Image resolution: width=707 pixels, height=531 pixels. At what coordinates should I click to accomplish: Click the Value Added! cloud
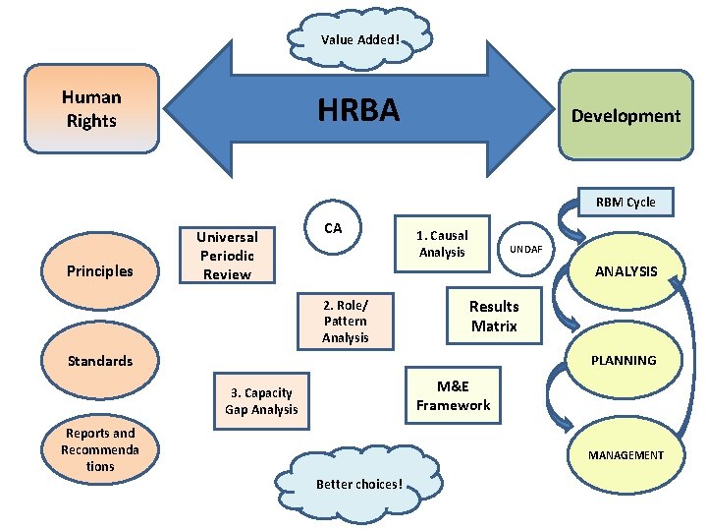(360, 39)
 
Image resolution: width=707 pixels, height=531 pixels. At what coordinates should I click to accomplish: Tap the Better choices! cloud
(359, 483)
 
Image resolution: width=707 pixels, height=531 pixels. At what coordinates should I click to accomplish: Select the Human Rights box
(91, 109)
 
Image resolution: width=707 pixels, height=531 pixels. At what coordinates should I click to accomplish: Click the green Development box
(625, 115)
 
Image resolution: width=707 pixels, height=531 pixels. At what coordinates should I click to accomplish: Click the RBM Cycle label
(625, 203)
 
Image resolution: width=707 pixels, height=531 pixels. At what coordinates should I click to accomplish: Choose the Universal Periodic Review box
(227, 256)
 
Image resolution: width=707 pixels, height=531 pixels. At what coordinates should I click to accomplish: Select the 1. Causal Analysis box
(442, 243)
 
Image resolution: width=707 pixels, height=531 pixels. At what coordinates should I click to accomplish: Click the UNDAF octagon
(525, 249)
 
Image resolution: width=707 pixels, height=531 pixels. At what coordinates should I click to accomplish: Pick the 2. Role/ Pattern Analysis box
(346, 321)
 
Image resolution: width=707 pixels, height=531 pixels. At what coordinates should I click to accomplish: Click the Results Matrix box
(494, 316)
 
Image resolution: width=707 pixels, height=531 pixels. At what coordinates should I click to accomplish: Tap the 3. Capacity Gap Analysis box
(261, 401)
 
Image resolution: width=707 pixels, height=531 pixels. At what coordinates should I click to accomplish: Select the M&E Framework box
(453, 396)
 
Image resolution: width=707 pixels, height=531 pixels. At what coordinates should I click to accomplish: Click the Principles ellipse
(99, 271)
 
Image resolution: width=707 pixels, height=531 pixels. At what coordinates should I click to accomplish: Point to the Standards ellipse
(99, 361)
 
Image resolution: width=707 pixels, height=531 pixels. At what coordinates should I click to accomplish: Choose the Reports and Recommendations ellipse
(99, 449)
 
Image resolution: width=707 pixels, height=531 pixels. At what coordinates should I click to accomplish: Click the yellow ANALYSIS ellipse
(625, 271)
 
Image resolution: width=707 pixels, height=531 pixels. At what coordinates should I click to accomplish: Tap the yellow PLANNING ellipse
(624, 361)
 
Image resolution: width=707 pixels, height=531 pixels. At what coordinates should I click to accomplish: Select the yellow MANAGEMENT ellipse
(625, 454)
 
